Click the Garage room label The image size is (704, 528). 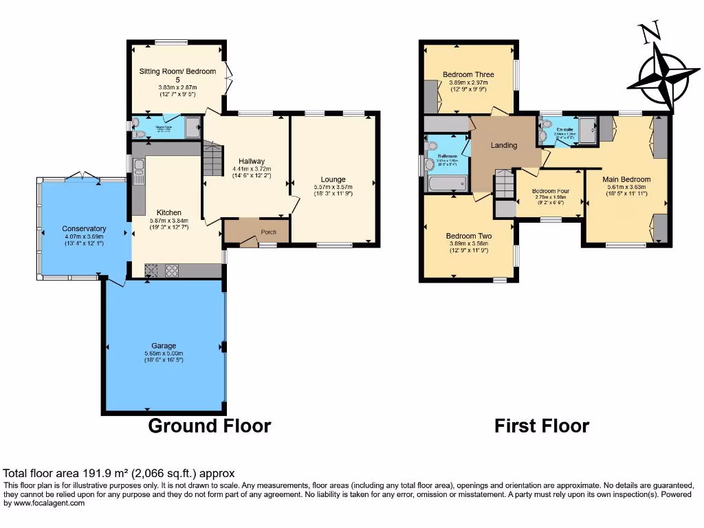click(x=164, y=345)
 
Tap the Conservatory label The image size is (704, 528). click(x=84, y=228)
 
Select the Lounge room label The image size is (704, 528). click(x=333, y=179)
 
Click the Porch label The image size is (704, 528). click(x=268, y=232)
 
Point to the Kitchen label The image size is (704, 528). click(x=168, y=212)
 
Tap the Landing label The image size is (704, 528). click(x=503, y=146)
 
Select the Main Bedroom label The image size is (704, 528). click(x=626, y=179)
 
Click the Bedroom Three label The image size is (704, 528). click(x=468, y=74)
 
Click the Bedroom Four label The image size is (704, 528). click(x=550, y=190)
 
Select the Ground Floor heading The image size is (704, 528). click(x=210, y=426)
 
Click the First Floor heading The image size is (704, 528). click(x=542, y=426)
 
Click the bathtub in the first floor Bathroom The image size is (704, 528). click(x=447, y=184)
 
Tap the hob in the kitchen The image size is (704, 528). click(x=170, y=271)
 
